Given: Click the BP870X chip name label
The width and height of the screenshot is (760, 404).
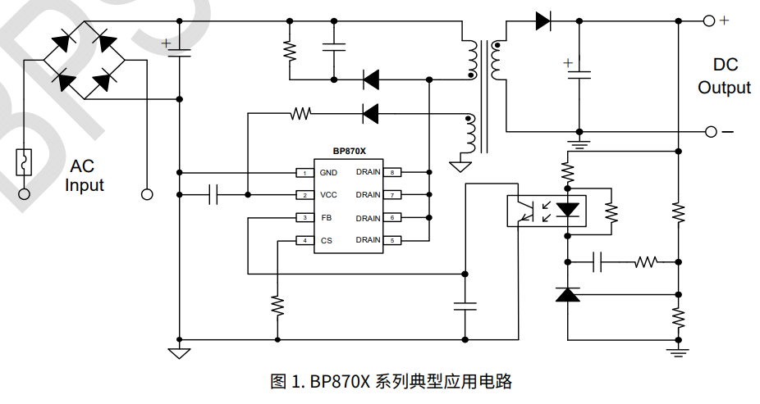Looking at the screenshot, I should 349,151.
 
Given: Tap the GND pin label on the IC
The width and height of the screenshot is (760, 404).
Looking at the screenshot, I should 328,173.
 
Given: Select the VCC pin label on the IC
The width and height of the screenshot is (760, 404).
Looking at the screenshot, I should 328,195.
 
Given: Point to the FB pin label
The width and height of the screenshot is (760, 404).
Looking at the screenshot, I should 326,218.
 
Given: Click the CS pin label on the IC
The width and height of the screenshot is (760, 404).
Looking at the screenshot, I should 326,240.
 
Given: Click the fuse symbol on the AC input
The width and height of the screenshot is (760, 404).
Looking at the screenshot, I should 25,161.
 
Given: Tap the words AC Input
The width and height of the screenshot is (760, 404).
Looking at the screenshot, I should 85,175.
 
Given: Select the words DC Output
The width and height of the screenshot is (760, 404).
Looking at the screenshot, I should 724,76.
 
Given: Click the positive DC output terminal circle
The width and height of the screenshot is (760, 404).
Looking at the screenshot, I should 709,21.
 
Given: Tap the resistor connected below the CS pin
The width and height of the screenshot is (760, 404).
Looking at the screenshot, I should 277,306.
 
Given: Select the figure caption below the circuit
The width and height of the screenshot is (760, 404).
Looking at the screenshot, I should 391,381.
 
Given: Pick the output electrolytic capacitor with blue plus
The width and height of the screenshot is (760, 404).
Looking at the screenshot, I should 579,74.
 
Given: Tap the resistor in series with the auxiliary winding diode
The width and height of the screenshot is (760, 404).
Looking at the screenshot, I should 300,113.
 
